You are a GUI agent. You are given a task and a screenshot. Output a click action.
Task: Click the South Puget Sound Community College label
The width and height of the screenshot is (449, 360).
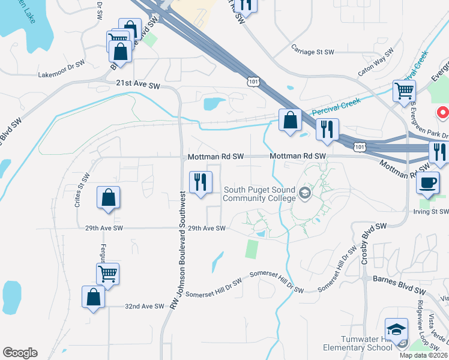click(260, 194)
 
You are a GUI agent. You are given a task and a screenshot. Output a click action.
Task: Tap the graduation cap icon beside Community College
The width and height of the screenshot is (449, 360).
click(305, 192)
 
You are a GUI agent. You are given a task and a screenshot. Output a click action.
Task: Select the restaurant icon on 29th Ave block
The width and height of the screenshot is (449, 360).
click(200, 181)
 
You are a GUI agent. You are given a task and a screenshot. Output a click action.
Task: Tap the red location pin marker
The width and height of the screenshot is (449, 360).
click(443, 112)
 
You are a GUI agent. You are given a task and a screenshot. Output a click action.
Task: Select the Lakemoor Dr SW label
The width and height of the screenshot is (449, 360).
click(62, 75)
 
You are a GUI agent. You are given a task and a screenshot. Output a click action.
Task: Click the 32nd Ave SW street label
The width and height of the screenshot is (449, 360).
click(144, 306)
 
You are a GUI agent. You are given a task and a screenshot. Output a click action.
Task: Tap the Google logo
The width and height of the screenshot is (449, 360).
click(20, 353)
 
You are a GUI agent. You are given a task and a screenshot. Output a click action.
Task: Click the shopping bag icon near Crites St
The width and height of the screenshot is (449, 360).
click(108, 197)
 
